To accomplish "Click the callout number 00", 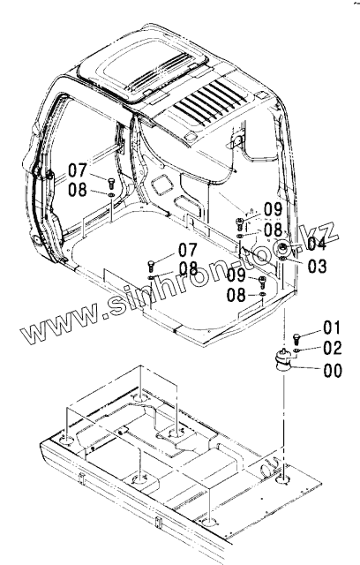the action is [333, 371].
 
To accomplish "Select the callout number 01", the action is [332, 328].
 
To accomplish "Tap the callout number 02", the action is [333, 348].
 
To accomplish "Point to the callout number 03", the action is [317, 266].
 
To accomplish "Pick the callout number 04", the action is [316, 244].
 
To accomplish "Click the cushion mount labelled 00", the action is [281, 360].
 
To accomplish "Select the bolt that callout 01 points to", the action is [296, 339].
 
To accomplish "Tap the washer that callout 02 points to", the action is [296, 350].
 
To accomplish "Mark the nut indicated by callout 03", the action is [283, 260].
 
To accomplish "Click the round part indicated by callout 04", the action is [284, 248].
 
